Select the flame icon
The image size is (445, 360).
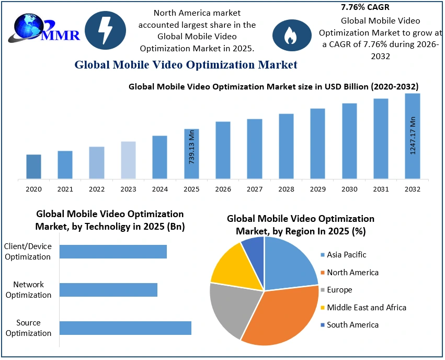tap(289, 35)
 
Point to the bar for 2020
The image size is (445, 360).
tap(33, 166)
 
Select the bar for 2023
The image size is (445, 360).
tap(128, 160)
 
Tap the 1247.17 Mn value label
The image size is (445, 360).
tap(413, 135)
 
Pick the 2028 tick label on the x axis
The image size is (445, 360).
tap(286, 189)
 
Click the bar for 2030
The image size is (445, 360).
tap(349, 141)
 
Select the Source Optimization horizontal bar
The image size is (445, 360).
tap(125, 328)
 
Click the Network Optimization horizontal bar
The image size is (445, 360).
tap(108, 290)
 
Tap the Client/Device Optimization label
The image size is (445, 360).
tap(28, 251)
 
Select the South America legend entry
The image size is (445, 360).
tap(352, 325)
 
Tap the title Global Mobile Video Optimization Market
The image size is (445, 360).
tap(186, 65)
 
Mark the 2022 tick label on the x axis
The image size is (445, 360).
tap(97, 189)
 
